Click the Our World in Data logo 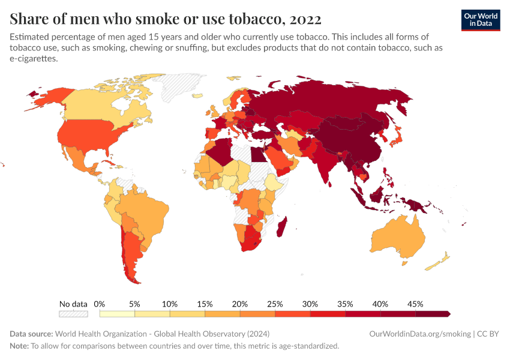point(480,19)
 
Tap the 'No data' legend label point(73,304)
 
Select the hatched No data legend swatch point(73,314)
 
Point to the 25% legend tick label point(275,304)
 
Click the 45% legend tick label point(415,304)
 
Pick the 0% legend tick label point(100,304)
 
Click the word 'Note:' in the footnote point(19,346)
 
